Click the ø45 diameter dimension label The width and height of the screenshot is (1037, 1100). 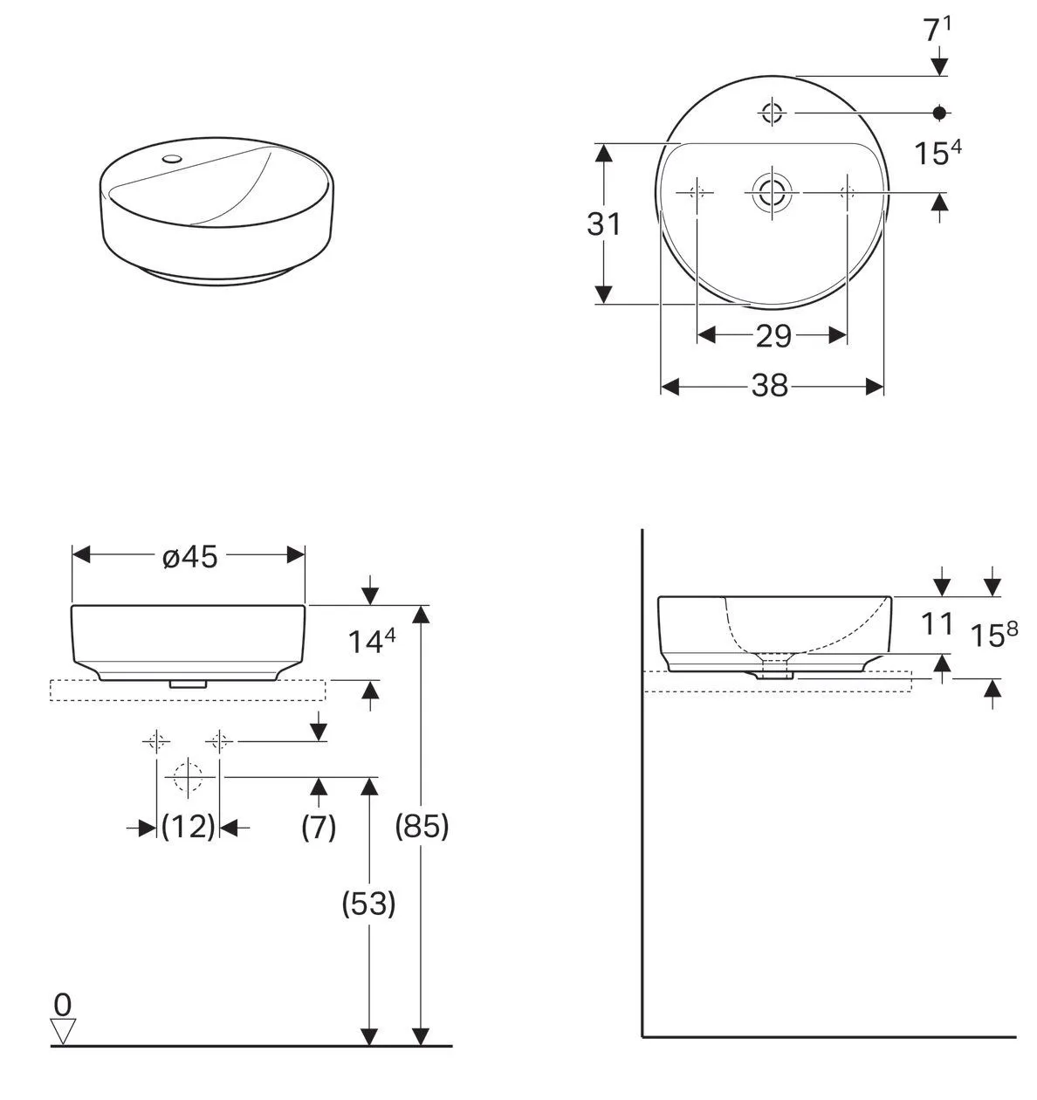click(189, 556)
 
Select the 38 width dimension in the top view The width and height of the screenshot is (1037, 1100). click(770, 385)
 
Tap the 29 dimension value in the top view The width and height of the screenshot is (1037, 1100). click(773, 335)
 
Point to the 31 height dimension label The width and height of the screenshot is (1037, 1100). click(603, 224)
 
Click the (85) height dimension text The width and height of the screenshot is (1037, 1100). click(422, 825)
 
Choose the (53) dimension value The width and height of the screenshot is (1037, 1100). click(368, 904)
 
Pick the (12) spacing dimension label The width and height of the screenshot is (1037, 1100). click(188, 826)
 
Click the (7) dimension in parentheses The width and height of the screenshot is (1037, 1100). click(319, 826)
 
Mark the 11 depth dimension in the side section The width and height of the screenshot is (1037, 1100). click(937, 623)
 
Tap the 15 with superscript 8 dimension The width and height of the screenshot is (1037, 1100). click(995, 636)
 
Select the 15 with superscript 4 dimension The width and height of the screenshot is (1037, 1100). click(937, 154)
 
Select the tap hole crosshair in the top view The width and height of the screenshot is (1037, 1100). click(773, 113)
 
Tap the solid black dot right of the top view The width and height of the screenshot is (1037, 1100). click(939, 113)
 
